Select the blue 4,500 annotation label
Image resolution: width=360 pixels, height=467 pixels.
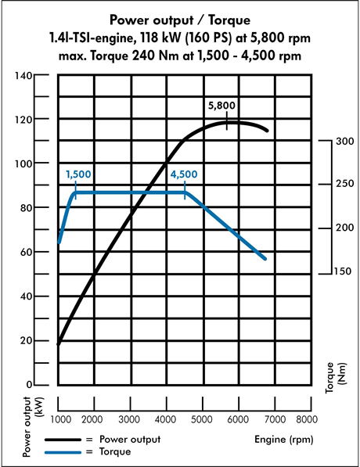(x=183, y=174)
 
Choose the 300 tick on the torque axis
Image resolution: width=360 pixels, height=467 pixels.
(x=345, y=142)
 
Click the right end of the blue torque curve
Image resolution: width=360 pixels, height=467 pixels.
(x=265, y=258)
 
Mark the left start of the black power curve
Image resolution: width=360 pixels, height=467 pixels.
(x=59, y=343)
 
